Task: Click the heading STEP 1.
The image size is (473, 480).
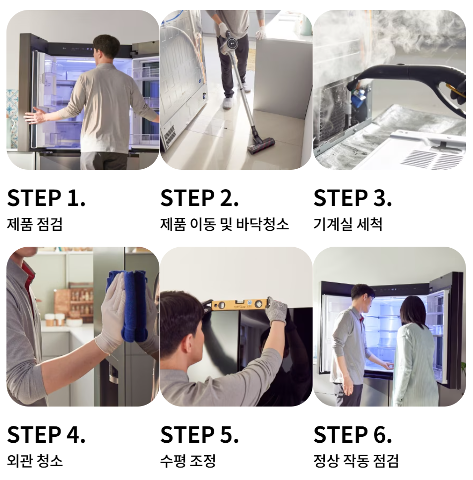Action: pyautogui.click(x=46, y=198)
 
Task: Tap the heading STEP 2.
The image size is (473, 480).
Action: pyautogui.click(x=199, y=198)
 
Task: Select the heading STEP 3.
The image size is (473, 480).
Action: pyautogui.click(x=353, y=198)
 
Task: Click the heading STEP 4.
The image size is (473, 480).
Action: pyautogui.click(x=46, y=434)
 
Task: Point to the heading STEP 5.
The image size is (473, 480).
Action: pyautogui.click(x=199, y=434)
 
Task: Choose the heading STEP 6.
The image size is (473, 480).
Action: pyautogui.click(x=353, y=434)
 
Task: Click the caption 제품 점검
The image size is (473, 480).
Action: pyautogui.click(x=35, y=224)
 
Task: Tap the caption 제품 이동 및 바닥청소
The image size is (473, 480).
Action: pyautogui.click(x=224, y=224)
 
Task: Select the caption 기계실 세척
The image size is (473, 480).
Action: pyautogui.click(x=348, y=224)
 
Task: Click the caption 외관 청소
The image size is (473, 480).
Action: pyautogui.click(x=35, y=461)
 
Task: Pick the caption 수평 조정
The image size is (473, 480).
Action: pyautogui.click(x=188, y=461)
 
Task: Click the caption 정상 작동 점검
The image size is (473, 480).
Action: pyautogui.click(x=355, y=461)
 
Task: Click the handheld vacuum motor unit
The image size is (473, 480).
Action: pyautogui.click(x=229, y=43)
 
